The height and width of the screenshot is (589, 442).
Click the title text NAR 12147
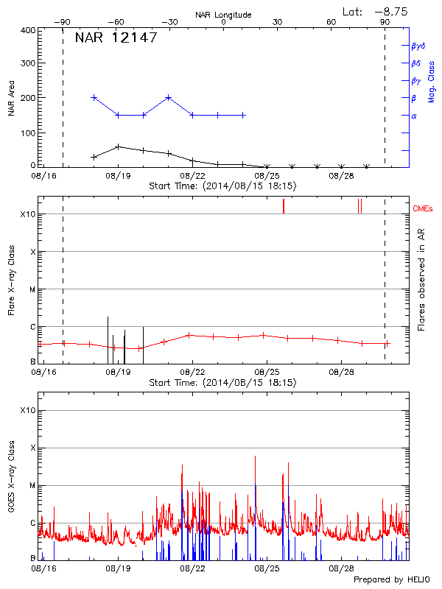tap(116, 38)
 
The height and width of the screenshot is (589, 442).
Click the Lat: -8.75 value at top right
tap(376, 11)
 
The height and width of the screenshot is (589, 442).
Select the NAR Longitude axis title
tap(223, 15)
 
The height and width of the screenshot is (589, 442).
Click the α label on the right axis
tap(414, 116)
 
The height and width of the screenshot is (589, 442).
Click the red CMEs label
tap(424, 208)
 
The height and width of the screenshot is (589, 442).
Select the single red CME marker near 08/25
tap(283, 206)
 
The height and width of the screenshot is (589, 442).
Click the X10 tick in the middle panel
tap(28, 214)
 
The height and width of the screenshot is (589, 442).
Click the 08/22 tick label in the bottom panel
tap(192, 569)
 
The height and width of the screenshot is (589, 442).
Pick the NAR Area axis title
tap(11, 99)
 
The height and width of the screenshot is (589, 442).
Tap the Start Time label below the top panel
tap(222, 186)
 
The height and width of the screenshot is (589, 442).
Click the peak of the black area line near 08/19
tap(118, 147)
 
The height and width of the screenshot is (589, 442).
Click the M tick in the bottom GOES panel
tap(32, 485)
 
